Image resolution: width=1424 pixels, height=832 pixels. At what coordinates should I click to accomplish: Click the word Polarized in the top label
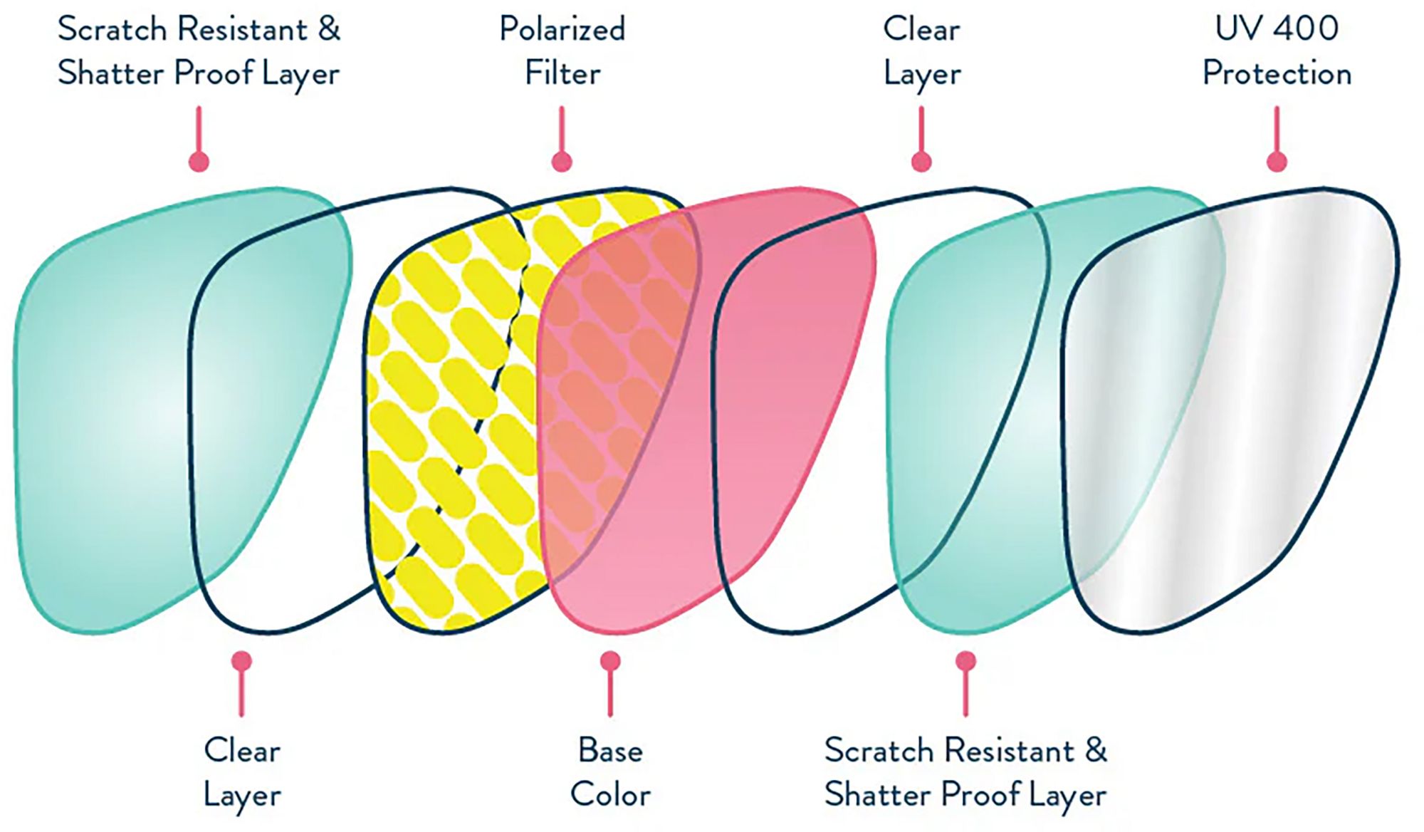[x=562, y=30]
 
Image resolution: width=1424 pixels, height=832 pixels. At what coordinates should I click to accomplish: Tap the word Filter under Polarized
[x=562, y=73]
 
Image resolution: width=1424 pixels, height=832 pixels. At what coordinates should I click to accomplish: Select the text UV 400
[x=1276, y=28]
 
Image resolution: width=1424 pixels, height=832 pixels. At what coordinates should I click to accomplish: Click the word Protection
[x=1276, y=73]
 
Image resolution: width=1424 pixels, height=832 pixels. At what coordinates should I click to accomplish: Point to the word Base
[x=610, y=750]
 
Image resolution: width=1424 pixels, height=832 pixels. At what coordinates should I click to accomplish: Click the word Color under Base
[x=610, y=794]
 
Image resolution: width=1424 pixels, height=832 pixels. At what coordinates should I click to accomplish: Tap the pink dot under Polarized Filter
[x=562, y=162]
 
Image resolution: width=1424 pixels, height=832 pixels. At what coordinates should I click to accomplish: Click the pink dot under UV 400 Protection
[x=1277, y=162]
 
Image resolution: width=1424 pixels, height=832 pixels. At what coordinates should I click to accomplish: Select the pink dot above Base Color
[x=610, y=661]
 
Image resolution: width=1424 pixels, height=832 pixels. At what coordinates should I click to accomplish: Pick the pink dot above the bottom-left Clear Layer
[x=242, y=661]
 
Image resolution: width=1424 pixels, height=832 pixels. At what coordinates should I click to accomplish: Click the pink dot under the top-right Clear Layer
[x=921, y=162]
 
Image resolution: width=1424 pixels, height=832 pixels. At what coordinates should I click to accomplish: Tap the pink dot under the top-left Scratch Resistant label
[x=199, y=162]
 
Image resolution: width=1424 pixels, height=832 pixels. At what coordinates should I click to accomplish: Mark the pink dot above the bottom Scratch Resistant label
[x=965, y=661]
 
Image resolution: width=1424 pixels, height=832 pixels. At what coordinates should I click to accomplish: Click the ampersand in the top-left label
[x=329, y=30]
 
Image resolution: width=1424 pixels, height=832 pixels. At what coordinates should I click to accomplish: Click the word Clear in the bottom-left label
[x=242, y=750]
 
